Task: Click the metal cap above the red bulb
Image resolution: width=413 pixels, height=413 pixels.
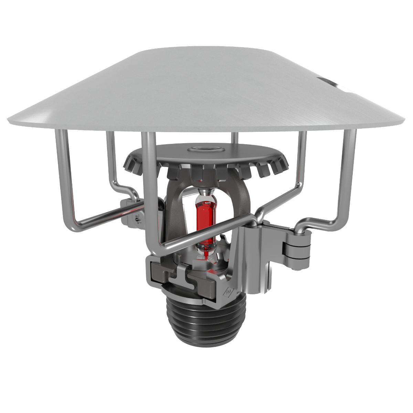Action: [205, 191]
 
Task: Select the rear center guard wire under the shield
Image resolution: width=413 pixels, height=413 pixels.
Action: [234, 138]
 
